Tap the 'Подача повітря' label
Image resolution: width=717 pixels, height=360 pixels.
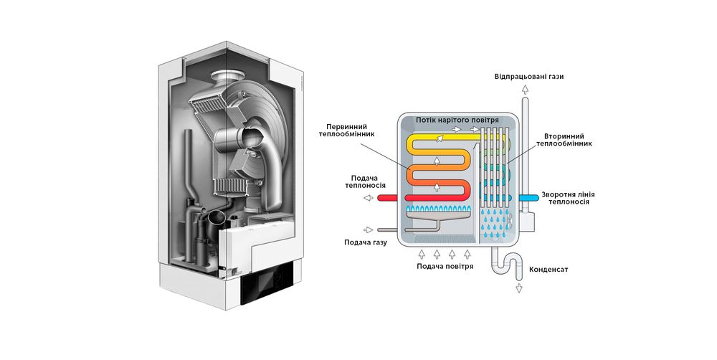point(445,266)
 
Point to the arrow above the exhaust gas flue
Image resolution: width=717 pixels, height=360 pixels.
point(526,90)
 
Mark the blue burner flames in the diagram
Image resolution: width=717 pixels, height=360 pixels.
point(437,209)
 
